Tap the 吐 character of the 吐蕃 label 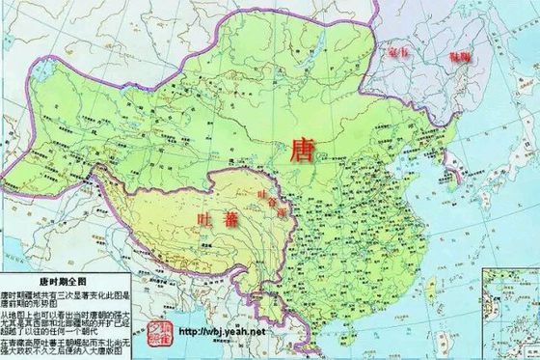(x=204, y=219)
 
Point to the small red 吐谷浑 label (x=273, y=202)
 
